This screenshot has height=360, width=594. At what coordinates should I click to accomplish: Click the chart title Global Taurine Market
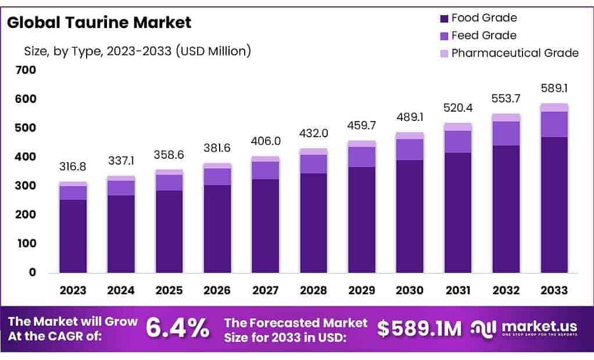click(x=98, y=23)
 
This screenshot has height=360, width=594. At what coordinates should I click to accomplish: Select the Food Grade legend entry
click(x=484, y=18)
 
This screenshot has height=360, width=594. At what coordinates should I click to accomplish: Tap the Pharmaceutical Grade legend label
click(x=515, y=53)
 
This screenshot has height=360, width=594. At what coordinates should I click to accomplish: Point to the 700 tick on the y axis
click(x=27, y=70)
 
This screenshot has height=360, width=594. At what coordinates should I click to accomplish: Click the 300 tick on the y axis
click(x=27, y=186)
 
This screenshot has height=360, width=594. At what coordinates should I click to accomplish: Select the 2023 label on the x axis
click(x=73, y=290)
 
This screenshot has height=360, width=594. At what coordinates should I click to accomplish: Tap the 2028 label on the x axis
click(x=313, y=290)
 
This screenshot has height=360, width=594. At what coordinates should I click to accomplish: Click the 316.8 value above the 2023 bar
click(x=73, y=167)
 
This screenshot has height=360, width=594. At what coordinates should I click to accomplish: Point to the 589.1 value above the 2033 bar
click(x=554, y=88)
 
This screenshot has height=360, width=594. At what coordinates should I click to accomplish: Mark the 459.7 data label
click(x=362, y=125)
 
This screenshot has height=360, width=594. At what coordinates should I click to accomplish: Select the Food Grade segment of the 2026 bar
click(x=217, y=229)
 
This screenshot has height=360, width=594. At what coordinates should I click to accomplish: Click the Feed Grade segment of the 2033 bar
click(x=554, y=124)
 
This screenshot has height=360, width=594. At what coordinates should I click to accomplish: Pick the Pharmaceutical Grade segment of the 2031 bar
click(x=458, y=127)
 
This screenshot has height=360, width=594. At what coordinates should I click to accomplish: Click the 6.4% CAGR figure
click(x=177, y=328)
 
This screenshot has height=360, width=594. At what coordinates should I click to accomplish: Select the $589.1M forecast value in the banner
click(x=419, y=329)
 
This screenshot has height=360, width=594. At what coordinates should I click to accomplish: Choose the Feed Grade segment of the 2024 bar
click(x=121, y=188)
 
